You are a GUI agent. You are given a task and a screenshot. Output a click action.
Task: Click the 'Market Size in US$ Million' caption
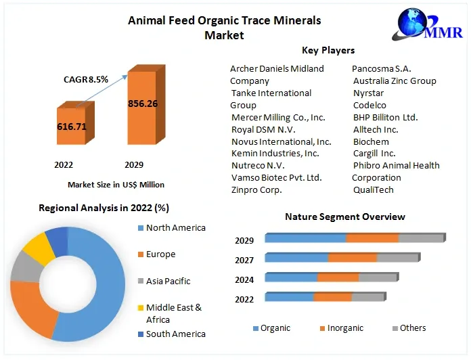(116, 184)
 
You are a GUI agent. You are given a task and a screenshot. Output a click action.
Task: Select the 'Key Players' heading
(328, 50)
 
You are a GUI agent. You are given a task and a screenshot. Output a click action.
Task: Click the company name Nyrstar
(369, 93)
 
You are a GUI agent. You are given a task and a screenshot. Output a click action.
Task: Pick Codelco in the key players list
(369, 105)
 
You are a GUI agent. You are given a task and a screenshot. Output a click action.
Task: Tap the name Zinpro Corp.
(256, 189)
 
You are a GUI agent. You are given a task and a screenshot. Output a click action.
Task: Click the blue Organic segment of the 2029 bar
(305, 238)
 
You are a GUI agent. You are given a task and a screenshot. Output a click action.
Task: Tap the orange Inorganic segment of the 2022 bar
(332, 297)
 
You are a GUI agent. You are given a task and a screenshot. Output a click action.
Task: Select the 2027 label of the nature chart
(244, 260)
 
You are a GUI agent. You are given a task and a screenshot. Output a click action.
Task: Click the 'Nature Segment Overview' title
(344, 217)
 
